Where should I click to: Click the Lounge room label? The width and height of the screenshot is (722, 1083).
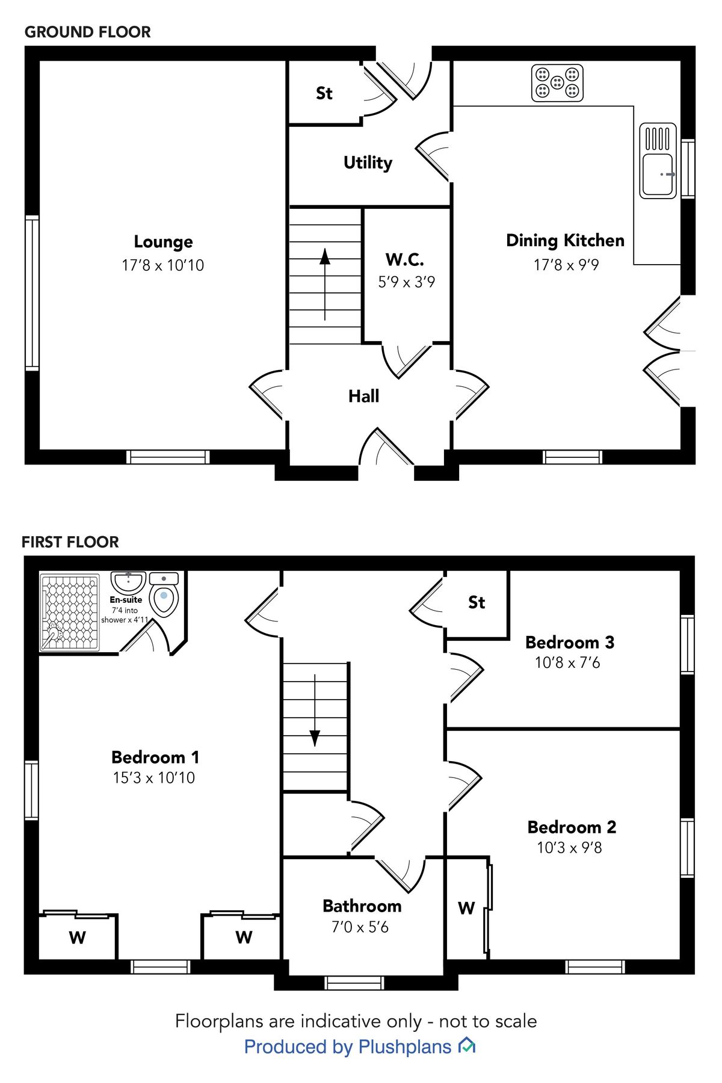(163, 242)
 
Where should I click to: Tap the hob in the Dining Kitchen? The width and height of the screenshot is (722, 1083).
(557, 83)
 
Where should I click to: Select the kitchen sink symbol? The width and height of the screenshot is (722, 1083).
(658, 161)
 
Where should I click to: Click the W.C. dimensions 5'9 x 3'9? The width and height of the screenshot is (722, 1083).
(406, 282)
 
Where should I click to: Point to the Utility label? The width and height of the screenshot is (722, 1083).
(368, 162)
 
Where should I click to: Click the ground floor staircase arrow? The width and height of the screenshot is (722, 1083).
(325, 283)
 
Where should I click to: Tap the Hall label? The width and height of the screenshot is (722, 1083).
(363, 396)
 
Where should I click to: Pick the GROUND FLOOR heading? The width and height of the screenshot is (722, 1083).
(88, 32)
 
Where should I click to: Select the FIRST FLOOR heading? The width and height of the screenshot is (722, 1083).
(70, 542)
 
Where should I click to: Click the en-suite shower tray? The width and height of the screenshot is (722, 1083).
(69, 612)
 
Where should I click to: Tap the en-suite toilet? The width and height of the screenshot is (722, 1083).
(164, 596)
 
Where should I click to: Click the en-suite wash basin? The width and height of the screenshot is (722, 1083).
(128, 582)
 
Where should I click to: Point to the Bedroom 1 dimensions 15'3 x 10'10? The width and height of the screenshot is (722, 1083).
(154, 777)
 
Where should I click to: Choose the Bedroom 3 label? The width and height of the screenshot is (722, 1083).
(570, 642)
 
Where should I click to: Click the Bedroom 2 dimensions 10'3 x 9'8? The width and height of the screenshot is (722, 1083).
(569, 847)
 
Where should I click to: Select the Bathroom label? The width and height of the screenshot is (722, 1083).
(362, 906)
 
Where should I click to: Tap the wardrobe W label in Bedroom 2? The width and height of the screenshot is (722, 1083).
(466, 908)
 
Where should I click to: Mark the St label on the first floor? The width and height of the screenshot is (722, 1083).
(477, 602)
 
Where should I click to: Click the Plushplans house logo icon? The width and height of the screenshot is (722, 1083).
(467, 1046)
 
